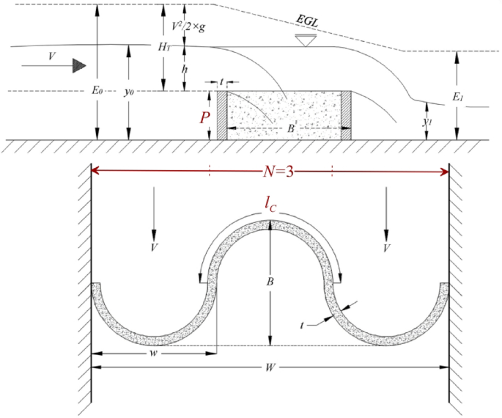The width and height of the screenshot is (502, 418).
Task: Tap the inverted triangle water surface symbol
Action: click(300, 39)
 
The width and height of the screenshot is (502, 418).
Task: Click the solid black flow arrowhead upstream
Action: click(78, 66)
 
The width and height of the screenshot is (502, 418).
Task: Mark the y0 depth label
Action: click(129, 92)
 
